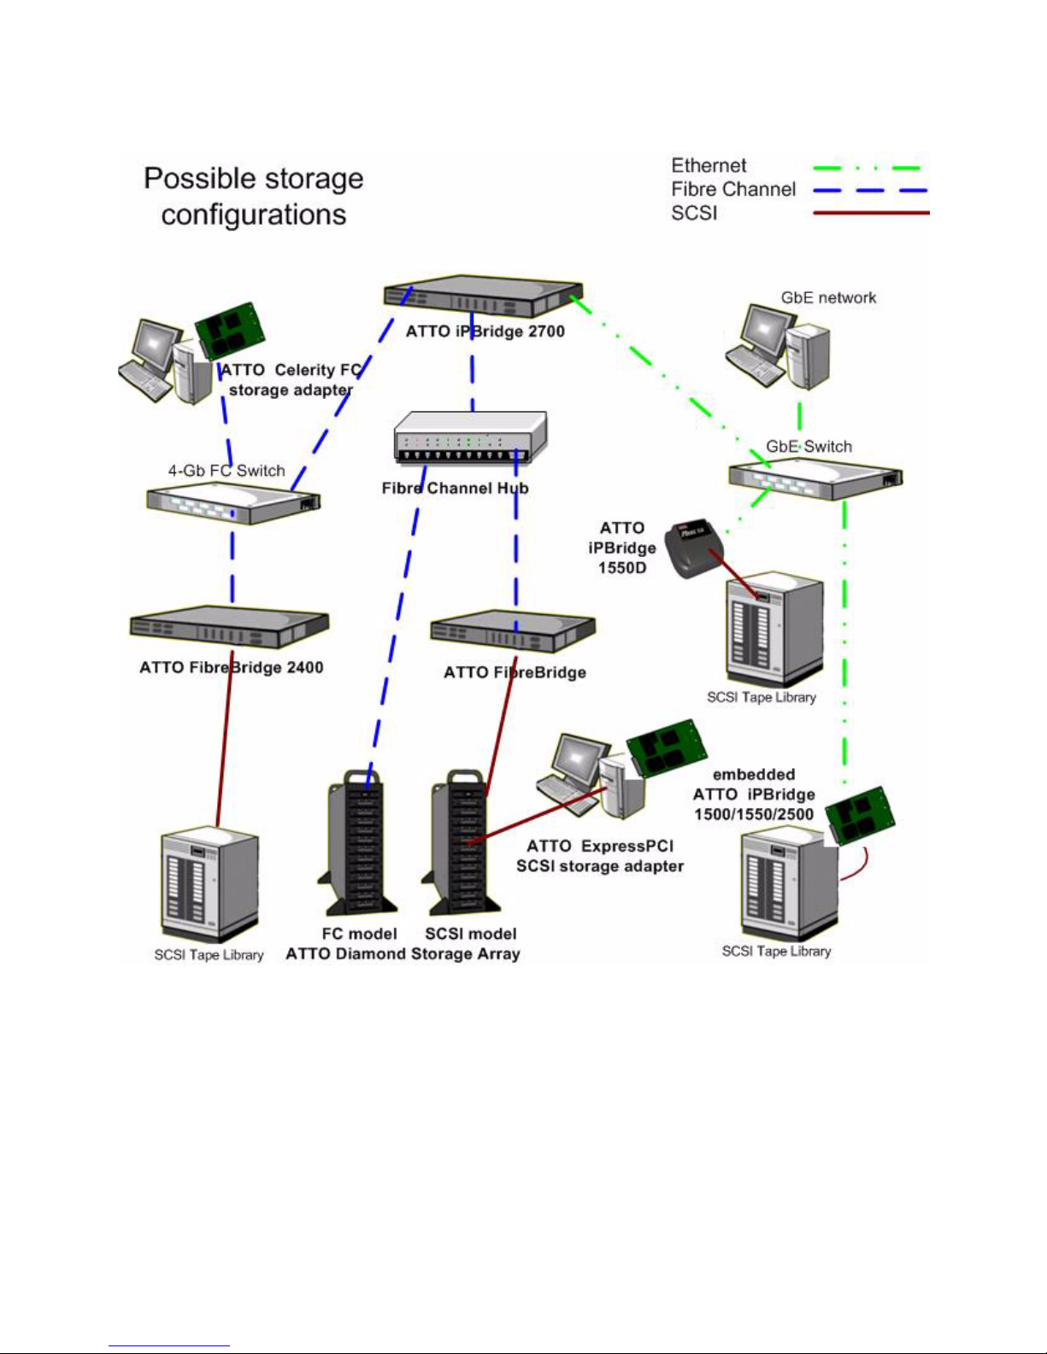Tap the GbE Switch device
[x=815, y=478]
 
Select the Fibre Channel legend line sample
[x=870, y=190]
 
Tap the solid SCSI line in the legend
[x=870, y=213]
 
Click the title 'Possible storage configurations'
[x=254, y=196]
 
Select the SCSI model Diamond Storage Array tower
[x=457, y=842]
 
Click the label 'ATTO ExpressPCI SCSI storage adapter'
[x=600, y=856]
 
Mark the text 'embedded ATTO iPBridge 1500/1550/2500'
[x=754, y=794]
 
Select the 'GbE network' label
[x=828, y=298]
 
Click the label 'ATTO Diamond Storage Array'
[x=403, y=954]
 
